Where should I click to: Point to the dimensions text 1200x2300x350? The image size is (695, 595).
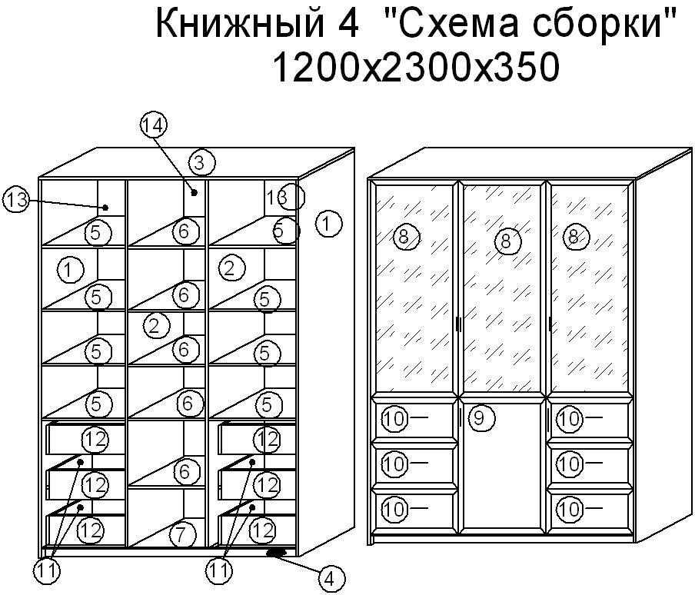coord(416,66)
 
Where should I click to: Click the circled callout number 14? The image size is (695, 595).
coord(153,125)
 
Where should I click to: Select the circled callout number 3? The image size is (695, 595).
coord(201,163)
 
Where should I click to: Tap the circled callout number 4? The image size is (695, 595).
coord(331,579)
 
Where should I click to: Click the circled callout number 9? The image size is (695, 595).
coord(479,417)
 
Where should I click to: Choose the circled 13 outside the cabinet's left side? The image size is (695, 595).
coord(15,200)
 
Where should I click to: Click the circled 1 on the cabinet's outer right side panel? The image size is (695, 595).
coord(329,224)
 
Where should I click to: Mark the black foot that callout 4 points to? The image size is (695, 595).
coord(277,553)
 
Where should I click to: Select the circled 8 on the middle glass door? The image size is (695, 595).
coord(506,241)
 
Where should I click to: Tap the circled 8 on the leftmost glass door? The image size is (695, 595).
coord(404,237)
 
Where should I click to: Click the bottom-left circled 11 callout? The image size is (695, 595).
coord(47,571)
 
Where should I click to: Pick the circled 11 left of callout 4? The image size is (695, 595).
coord(219,570)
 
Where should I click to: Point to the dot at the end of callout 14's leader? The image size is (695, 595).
coord(195,192)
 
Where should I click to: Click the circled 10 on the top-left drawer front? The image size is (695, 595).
coord(394,419)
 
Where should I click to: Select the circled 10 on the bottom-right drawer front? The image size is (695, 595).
coord(568,509)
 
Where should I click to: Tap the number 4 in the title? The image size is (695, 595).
coord(348,24)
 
